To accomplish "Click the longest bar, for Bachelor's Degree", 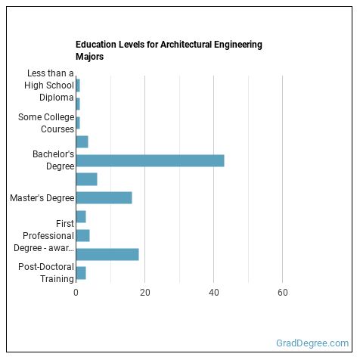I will tap(150, 160).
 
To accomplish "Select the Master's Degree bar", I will tap(104, 197).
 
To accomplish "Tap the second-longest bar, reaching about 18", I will tap(107, 254).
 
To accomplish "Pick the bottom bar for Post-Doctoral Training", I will tap(81, 272).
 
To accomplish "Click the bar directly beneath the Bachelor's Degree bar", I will tap(86, 178).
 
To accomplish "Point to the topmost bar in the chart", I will tap(78, 85).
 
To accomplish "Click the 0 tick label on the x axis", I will tap(76, 292).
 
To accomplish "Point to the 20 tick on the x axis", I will tap(144, 292).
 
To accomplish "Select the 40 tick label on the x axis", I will tap(213, 292).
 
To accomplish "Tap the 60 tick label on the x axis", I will tap(282, 292).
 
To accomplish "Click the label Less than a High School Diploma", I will tap(49, 85).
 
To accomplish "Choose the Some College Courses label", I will tap(46, 123).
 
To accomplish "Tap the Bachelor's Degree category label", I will tap(53, 160).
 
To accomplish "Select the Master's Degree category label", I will tap(42, 198).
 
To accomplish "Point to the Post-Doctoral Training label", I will tap(46, 272).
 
